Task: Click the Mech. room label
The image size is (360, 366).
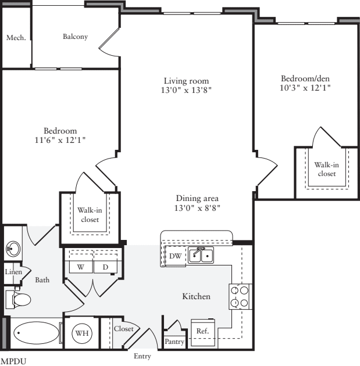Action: point(16,38)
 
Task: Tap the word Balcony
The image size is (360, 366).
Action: point(75,37)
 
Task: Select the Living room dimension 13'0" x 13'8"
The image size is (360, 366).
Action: point(186,90)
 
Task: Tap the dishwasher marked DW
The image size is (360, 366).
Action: point(174,255)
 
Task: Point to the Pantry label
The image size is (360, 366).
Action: point(174,342)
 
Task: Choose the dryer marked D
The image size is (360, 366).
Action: point(106,267)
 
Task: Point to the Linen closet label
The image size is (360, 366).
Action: point(12,272)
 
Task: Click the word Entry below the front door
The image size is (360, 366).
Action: point(143,356)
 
